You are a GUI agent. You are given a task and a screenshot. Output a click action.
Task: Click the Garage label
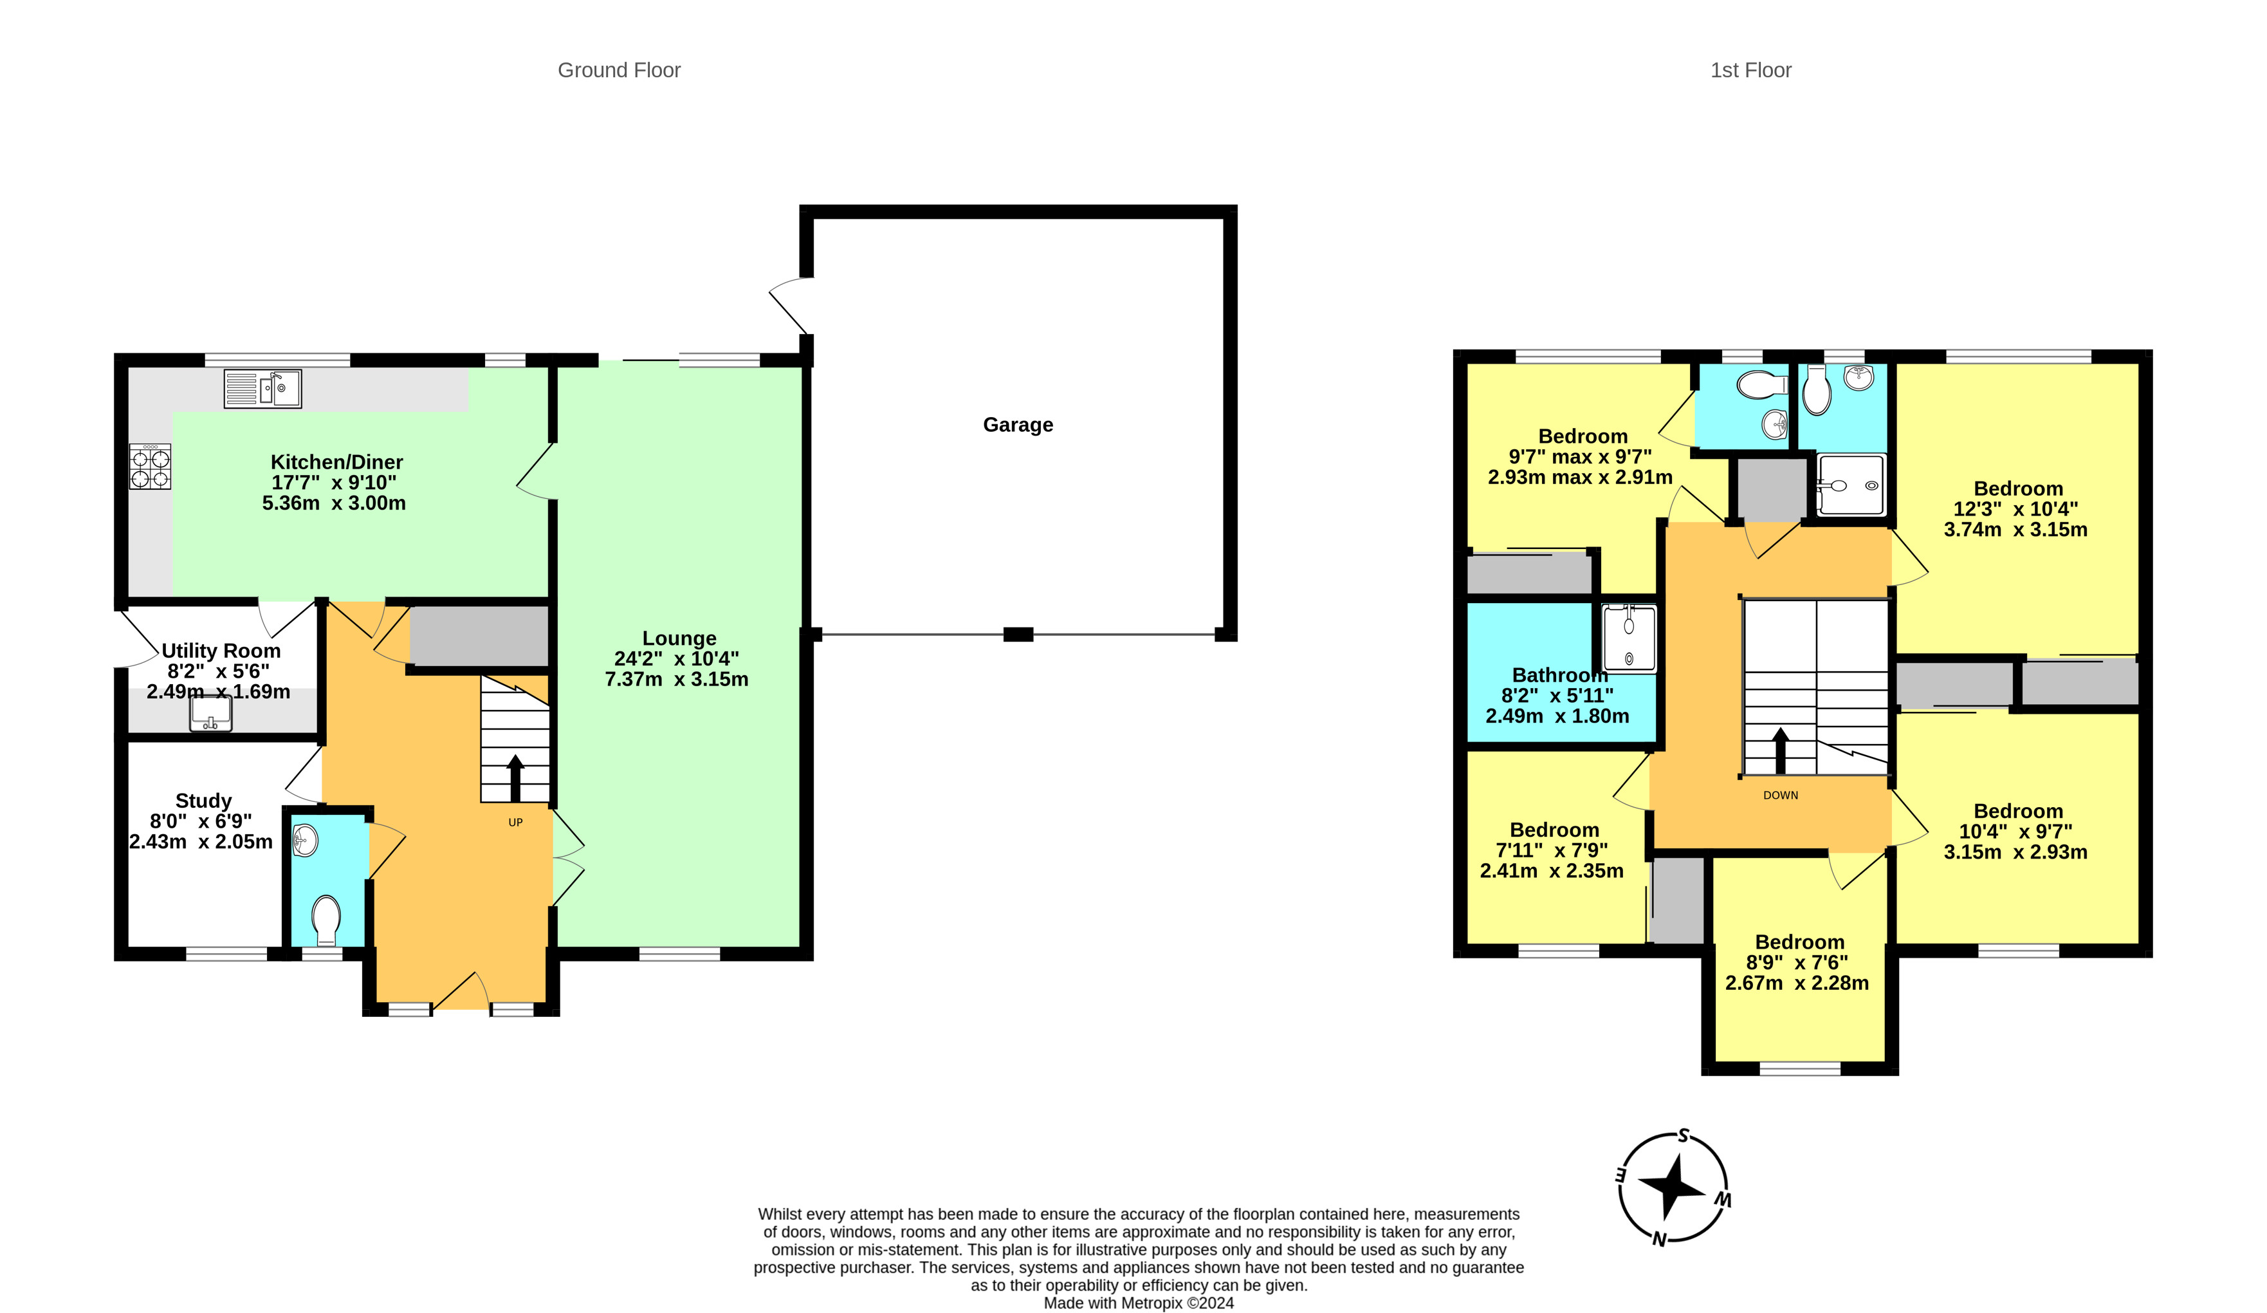[x=1018, y=425]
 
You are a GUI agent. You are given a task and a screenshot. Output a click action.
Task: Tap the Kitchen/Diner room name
[x=336, y=461]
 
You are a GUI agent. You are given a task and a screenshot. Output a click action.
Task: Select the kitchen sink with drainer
[x=262, y=389]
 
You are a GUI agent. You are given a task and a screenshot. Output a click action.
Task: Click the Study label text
[x=203, y=801]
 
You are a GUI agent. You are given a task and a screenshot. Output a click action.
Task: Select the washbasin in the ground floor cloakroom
[x=306, y=841]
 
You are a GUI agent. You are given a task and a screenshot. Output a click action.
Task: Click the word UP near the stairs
[x=515, y=823]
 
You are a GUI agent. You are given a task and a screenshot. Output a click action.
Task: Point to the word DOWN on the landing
[x=1780, y=796]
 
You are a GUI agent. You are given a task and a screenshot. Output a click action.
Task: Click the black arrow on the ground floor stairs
[x=515, y=778]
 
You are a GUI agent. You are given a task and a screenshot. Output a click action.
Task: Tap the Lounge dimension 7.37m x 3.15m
[x=677, y=680]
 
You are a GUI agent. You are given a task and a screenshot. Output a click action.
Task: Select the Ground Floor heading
[x=619, y=70]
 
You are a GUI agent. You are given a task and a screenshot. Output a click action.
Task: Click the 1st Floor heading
[x=1750, y=70]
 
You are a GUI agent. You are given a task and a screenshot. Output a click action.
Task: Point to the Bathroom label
[x=1559, y=675]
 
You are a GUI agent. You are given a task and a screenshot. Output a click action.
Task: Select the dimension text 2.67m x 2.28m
[x=1797, y=983]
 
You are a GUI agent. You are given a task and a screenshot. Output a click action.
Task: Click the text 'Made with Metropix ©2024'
[x=1139, y=1303]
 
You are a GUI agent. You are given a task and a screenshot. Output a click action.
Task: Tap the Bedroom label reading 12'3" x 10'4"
[x=2018, y=489]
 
